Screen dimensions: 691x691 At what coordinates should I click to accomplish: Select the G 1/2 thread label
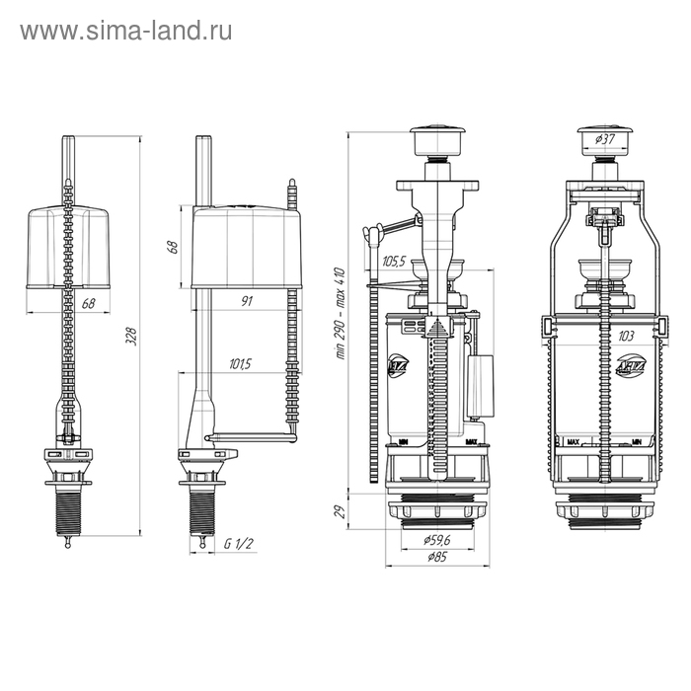point(237,542)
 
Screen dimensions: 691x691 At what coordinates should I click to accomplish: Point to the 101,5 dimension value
point(239,364)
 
